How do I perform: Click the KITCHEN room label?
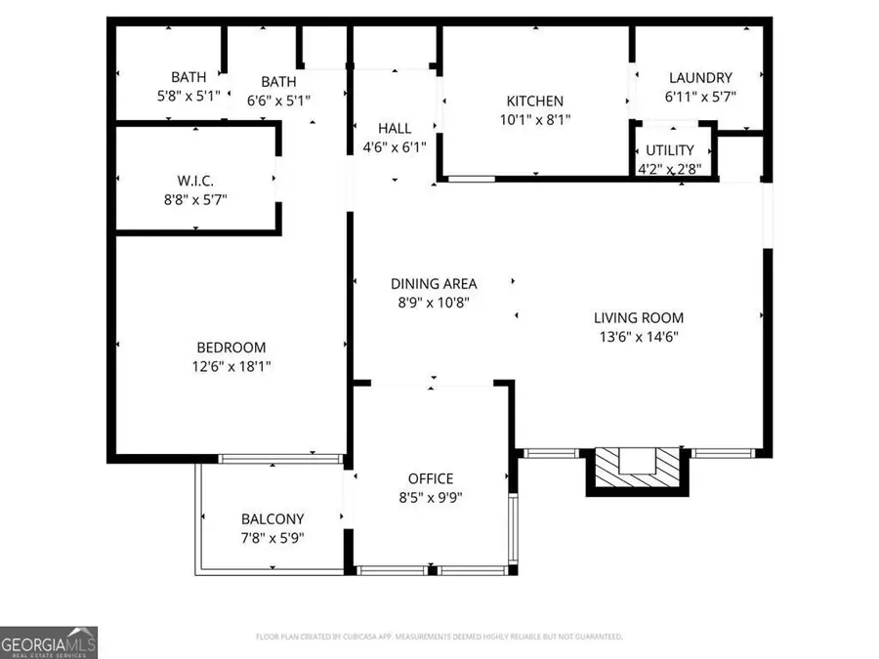(x=534, y=101)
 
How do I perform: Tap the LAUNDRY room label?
(x=700, y=78)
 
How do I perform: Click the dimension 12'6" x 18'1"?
(x=230, y=366)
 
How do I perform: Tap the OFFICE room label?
(x=431, y=478)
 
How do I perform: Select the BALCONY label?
(x=272, y=519)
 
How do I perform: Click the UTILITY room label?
(x=670, y=150)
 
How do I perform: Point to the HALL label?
(x=395, y=128)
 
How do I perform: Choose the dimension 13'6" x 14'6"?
(x=639, y=337)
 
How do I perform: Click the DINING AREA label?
(x=434, y=284)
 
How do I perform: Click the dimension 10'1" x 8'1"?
(x=534, y=119)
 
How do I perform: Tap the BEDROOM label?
(x=230, y=348)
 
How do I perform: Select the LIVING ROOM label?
(x=639, y=317)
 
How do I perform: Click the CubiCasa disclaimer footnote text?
(x=439, y=637)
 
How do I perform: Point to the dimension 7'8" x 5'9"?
(x=272, y=538)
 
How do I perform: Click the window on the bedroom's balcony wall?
(x=280, y=457)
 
